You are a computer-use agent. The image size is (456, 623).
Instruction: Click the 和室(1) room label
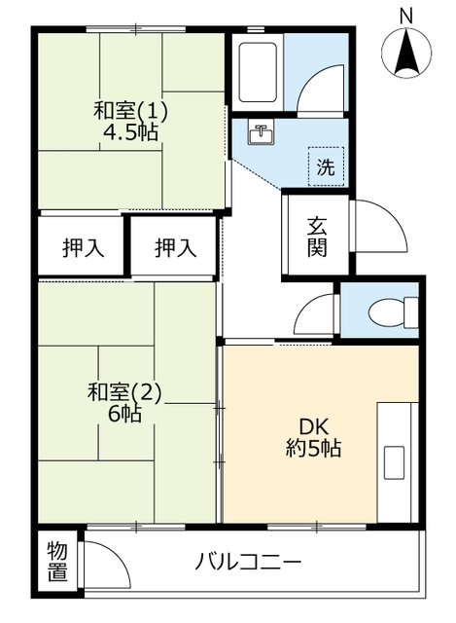click(130, 111)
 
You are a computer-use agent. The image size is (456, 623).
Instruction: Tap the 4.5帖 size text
click(130, 132)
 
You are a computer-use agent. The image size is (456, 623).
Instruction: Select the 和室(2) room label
click(124, 392)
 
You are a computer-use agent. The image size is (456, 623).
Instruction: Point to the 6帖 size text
click(124, 414)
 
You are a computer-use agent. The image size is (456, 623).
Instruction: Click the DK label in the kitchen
click(313, 427)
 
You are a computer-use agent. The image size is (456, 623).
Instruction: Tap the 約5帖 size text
click(313, 449)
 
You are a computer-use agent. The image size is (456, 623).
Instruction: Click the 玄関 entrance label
click(317, 238)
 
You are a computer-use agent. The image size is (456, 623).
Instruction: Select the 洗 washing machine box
click(326, 166)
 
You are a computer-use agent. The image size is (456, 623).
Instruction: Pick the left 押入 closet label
click(84, 248)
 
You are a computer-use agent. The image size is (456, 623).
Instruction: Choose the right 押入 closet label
click(175, 248)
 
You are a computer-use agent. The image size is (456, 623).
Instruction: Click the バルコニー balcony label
click(248, 562)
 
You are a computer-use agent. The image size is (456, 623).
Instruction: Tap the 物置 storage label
click(57, 562)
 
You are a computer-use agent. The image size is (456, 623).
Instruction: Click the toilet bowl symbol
click(393, 311)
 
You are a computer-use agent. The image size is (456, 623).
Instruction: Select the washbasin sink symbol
click(261, 131)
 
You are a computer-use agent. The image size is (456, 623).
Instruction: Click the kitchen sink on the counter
click(394, 462)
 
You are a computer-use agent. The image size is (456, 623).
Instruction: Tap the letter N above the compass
click(406, 17)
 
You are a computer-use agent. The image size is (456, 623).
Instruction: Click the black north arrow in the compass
click(406, 52)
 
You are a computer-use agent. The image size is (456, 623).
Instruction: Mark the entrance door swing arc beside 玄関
click(391, 216)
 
